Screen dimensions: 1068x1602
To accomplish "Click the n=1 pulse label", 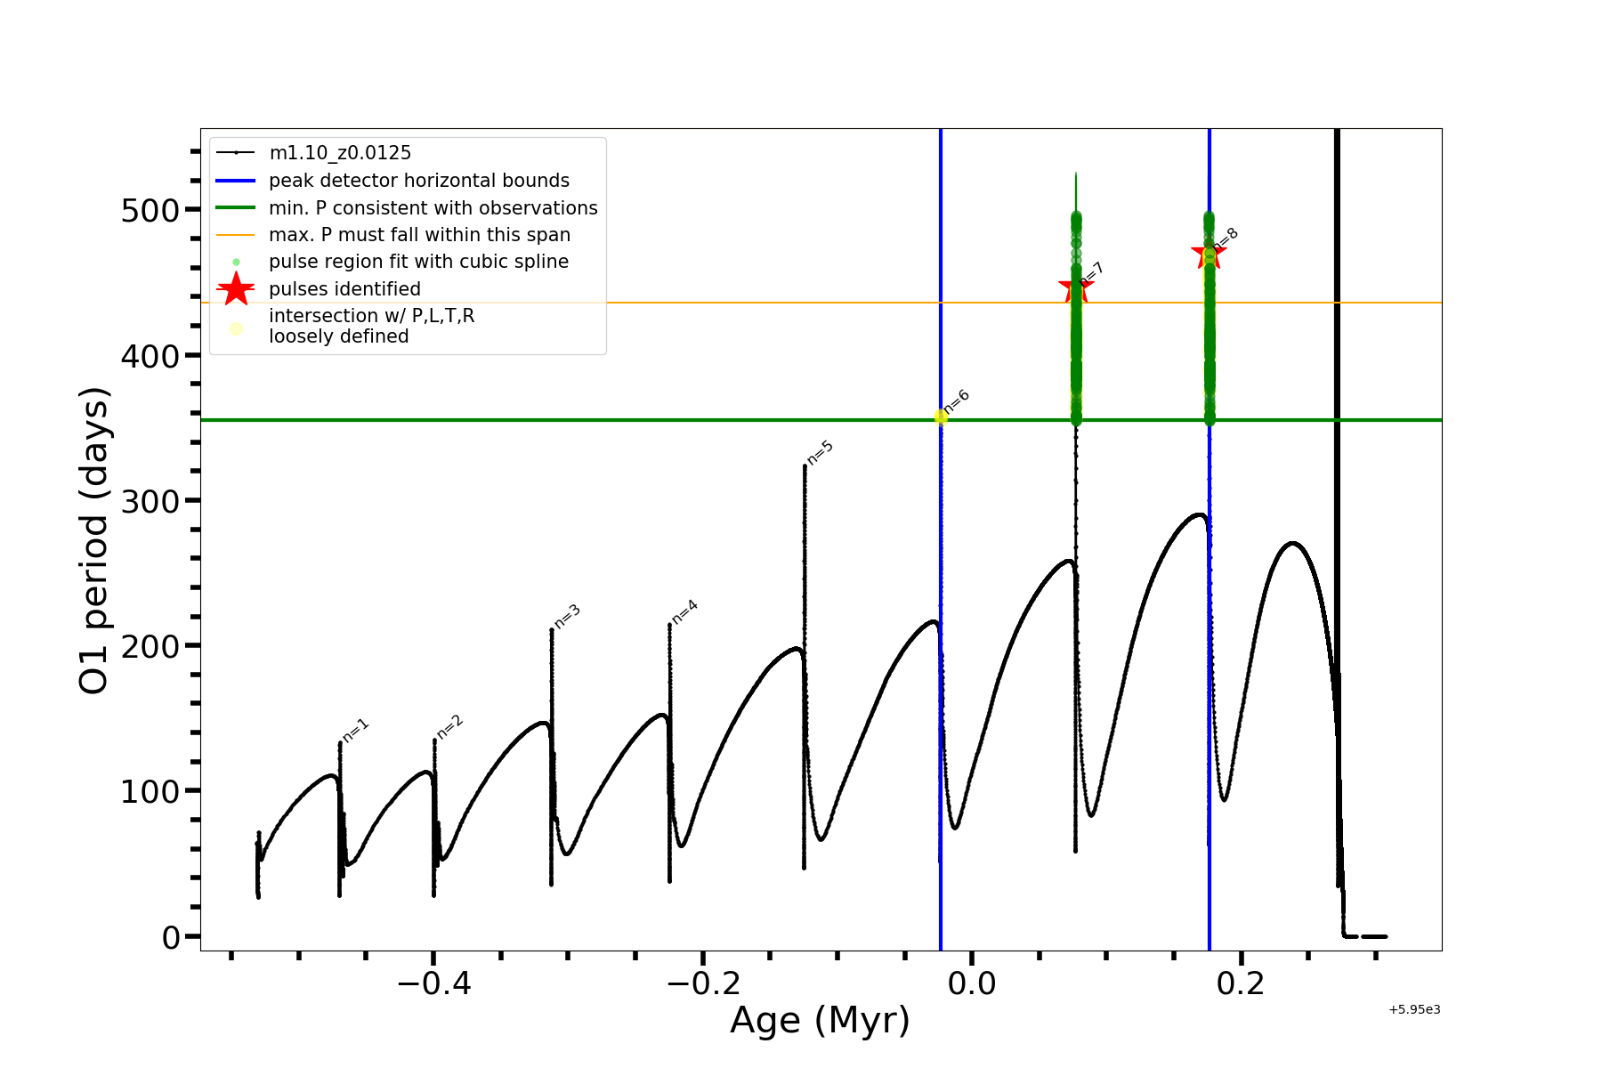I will [x=356, y=730].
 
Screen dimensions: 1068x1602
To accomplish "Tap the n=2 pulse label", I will [x=449, y=727].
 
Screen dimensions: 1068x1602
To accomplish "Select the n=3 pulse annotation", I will [x=568, y=615].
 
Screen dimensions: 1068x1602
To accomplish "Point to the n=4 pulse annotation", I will [x=684, y=611].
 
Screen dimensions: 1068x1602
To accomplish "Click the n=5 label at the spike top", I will [x=821, y=452].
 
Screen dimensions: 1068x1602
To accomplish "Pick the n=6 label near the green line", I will [x=957, y=401].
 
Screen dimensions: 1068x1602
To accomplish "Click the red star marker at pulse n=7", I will [x=1075, y=289].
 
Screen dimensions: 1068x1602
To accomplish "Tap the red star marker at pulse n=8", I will [x=1208, y=254].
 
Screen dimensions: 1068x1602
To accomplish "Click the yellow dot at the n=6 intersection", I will [x=941, y=417].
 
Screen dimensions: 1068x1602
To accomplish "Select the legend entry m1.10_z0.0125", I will [x=340, y=153].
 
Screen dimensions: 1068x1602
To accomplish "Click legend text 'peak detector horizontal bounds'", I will [x=419, y=181].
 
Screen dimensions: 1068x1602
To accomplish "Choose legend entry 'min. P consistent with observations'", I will [x=433, y=208].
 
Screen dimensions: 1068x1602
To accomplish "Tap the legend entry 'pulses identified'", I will [x=344, y=289].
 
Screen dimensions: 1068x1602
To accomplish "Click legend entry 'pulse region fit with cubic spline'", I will [x=418, y=262].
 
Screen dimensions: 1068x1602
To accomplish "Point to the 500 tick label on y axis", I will [x=150, y=211].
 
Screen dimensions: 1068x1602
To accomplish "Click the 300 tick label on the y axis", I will [x=150, y=501].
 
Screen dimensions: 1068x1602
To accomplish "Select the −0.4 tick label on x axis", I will [x=433, y=983].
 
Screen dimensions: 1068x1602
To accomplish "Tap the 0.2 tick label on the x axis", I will [x=1241, y=983].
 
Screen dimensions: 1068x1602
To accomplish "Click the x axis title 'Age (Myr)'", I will [x=820, y=1021].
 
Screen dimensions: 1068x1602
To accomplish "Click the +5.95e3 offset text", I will [x=1414, y=1010].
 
